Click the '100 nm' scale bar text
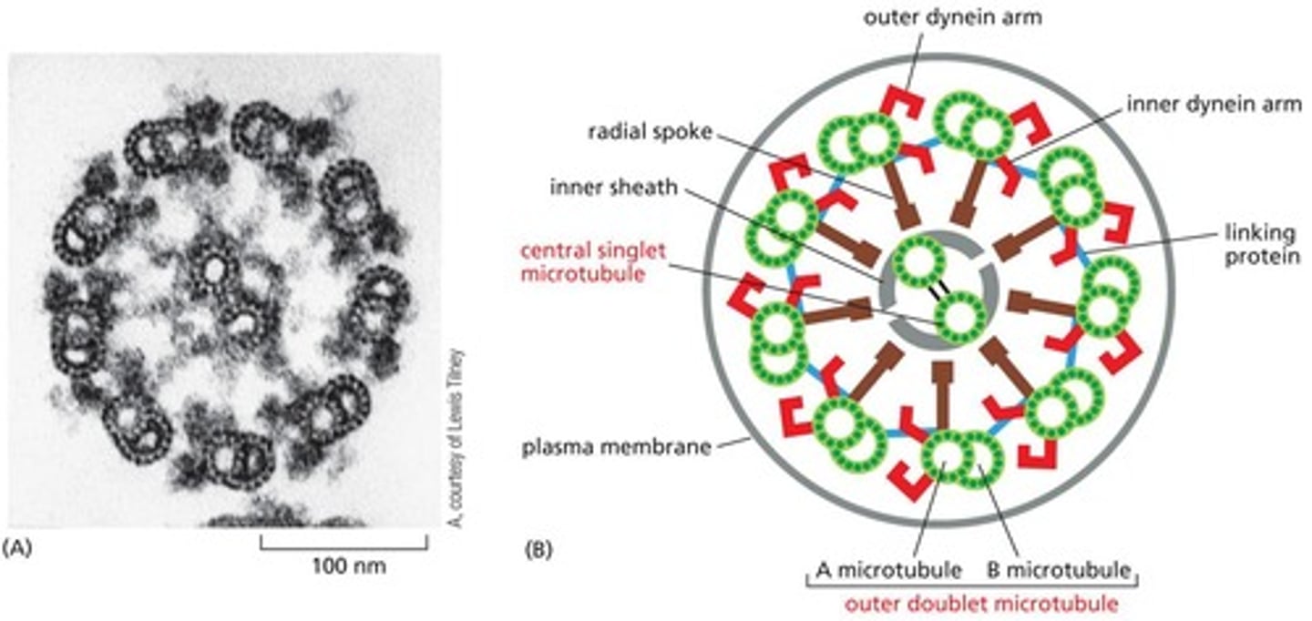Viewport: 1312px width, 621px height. coord(343,566)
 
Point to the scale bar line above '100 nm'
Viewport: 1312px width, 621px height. coord(343,545)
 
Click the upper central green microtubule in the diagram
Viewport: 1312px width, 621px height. coord(917,260)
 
